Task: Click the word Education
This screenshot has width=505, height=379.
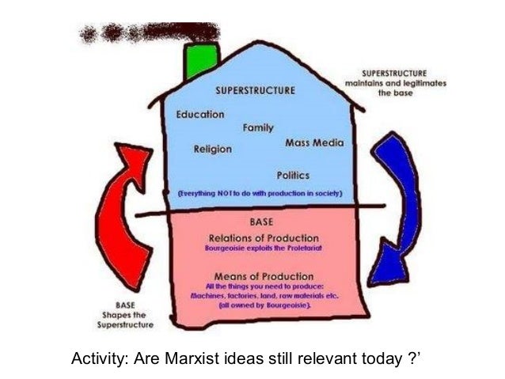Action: click(x=200, y=115)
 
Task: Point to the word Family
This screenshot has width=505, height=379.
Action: click(x=258, y=128)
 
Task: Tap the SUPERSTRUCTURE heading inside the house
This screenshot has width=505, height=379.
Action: click(x=255, y=91)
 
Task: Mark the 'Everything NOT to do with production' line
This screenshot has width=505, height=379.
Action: click(x=259, y=193)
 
